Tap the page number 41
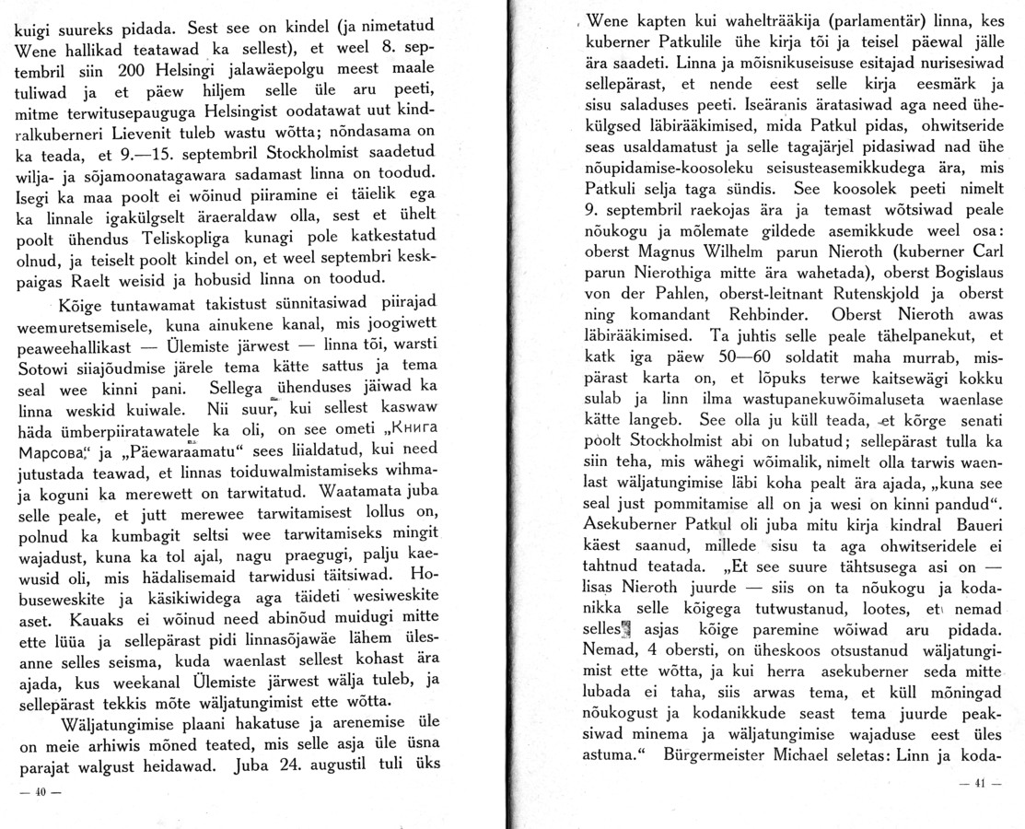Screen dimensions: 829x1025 (979, 783)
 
